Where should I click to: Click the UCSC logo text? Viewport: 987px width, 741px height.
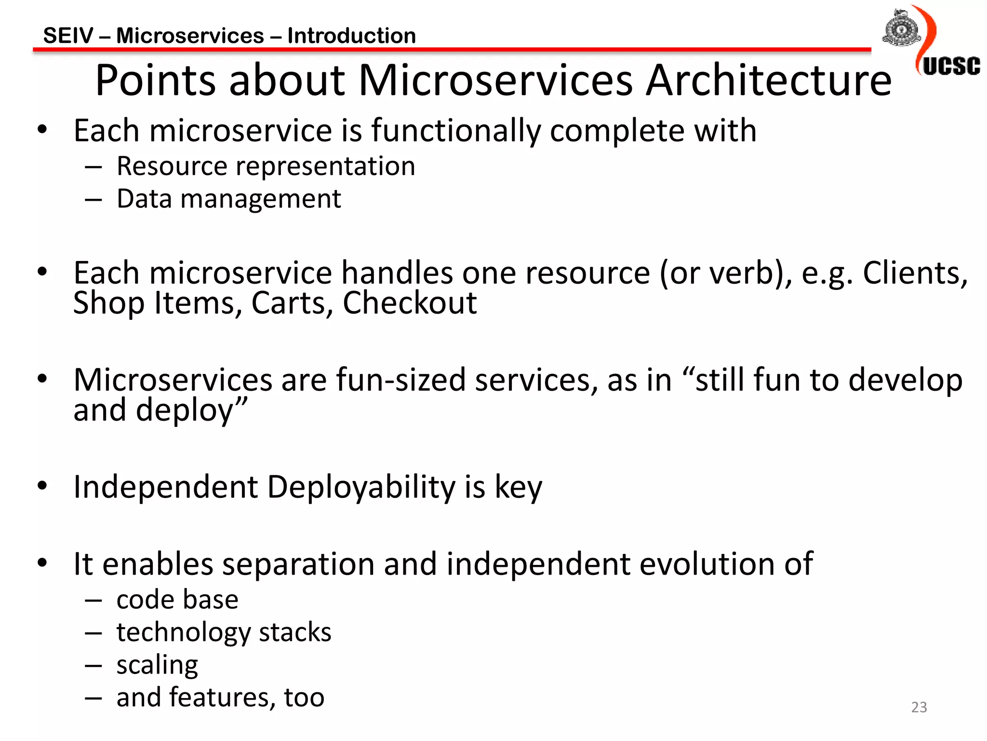click(x=951, y=66)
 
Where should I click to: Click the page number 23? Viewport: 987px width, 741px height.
click(x=919, y=707)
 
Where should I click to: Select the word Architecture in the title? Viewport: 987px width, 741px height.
click(x=768, y=81)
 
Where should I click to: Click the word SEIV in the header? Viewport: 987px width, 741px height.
click(x=68, y=36)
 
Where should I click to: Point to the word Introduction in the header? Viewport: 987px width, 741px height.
click(x=351, y=36)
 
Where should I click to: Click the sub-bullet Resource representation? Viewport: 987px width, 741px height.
click(x=266, y=166)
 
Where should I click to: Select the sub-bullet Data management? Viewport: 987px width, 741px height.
click(x=228, y=199)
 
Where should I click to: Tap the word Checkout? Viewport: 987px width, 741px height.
click(x=409, y=303)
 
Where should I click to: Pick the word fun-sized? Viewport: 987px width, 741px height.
click(x=400, y=380)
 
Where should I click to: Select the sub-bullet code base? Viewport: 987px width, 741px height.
click(x=177, y=600)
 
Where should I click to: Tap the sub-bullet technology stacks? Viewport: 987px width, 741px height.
click(x=224, y=632)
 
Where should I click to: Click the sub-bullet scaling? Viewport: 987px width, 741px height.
click(x=157, y=665)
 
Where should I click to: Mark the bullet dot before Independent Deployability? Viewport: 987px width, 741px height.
click(x=42, y=485)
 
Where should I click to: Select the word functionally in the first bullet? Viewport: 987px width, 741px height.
click(x=456, y=131)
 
